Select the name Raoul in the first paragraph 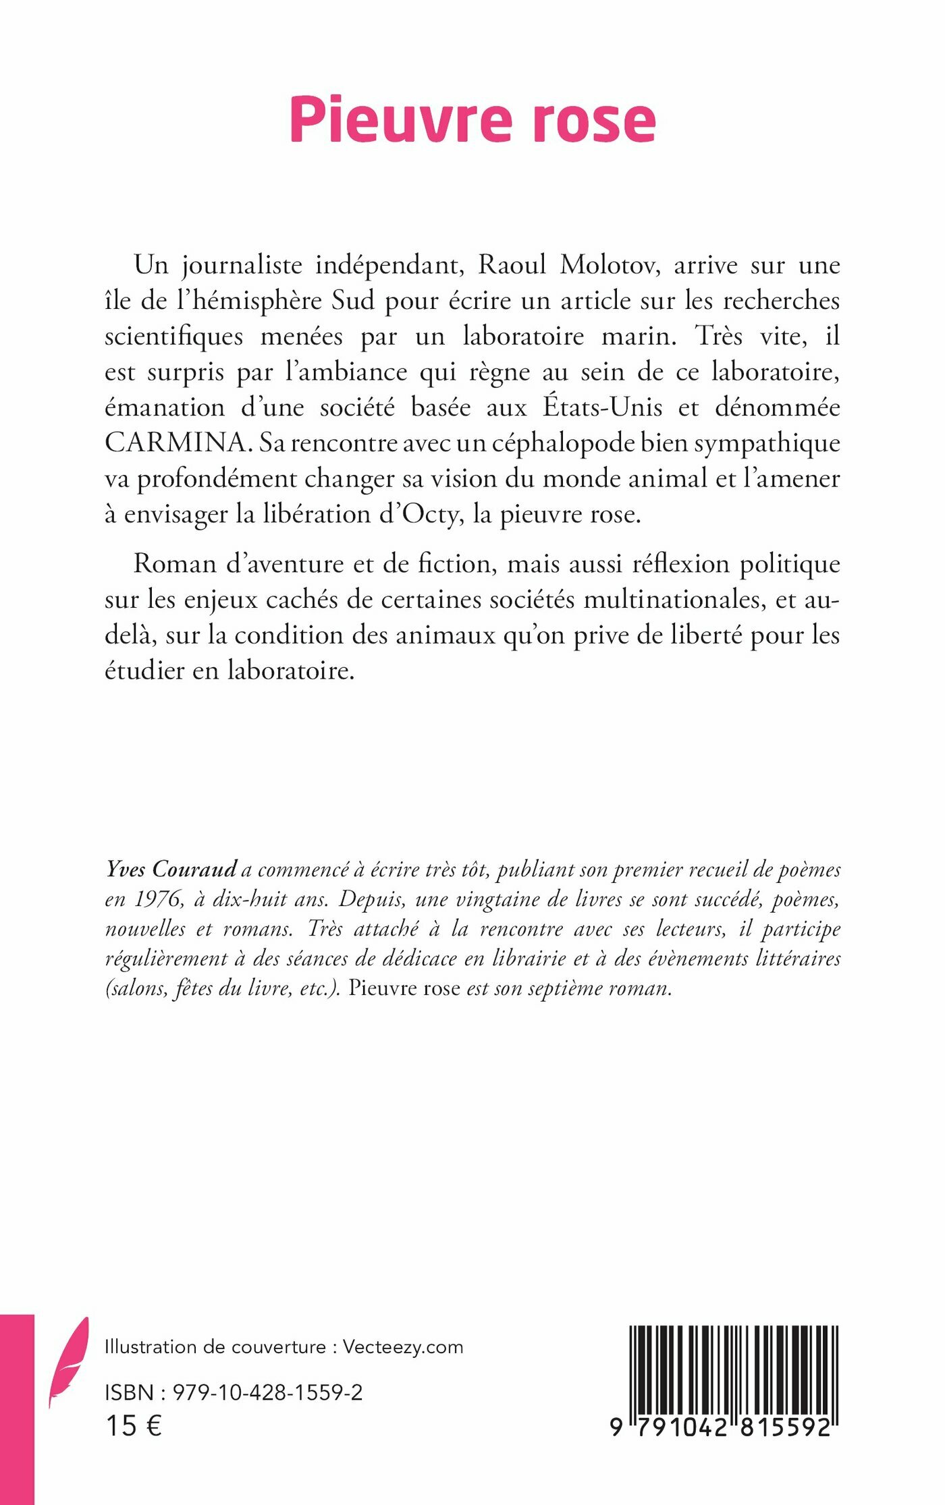click(512, 265)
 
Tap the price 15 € click(134, 1426)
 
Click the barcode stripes click(734, 1369)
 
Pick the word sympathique click(767, 443)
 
